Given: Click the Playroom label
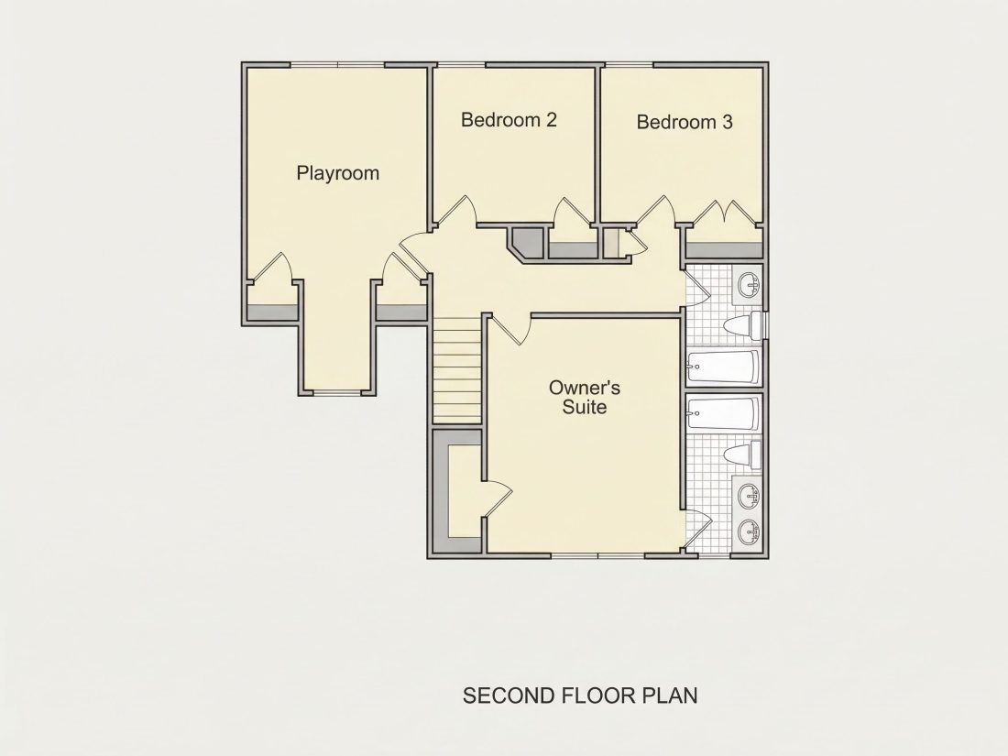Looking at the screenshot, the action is [x=337, y=173].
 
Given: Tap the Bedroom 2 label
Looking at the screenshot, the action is [x=509, y=119].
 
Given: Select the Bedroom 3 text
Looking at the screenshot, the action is [x=684, y=122].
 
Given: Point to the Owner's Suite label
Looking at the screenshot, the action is [x=585, y=398].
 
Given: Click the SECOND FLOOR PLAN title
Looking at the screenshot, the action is [x=580, y=696].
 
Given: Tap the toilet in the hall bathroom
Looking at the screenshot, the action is [x=742, y=326].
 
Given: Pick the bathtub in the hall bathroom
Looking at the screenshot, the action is [x=723, y=367].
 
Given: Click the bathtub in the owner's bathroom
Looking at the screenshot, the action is [x=723, y=413].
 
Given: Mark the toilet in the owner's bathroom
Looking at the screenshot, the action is [x=742, y=454].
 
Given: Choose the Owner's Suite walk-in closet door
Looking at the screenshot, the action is [x=497, y=499].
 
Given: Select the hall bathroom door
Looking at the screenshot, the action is [x=696, y=288].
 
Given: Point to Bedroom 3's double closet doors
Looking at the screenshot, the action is [x=725, y=213].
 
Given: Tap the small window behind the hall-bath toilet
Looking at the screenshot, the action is [x=765, y=324].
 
